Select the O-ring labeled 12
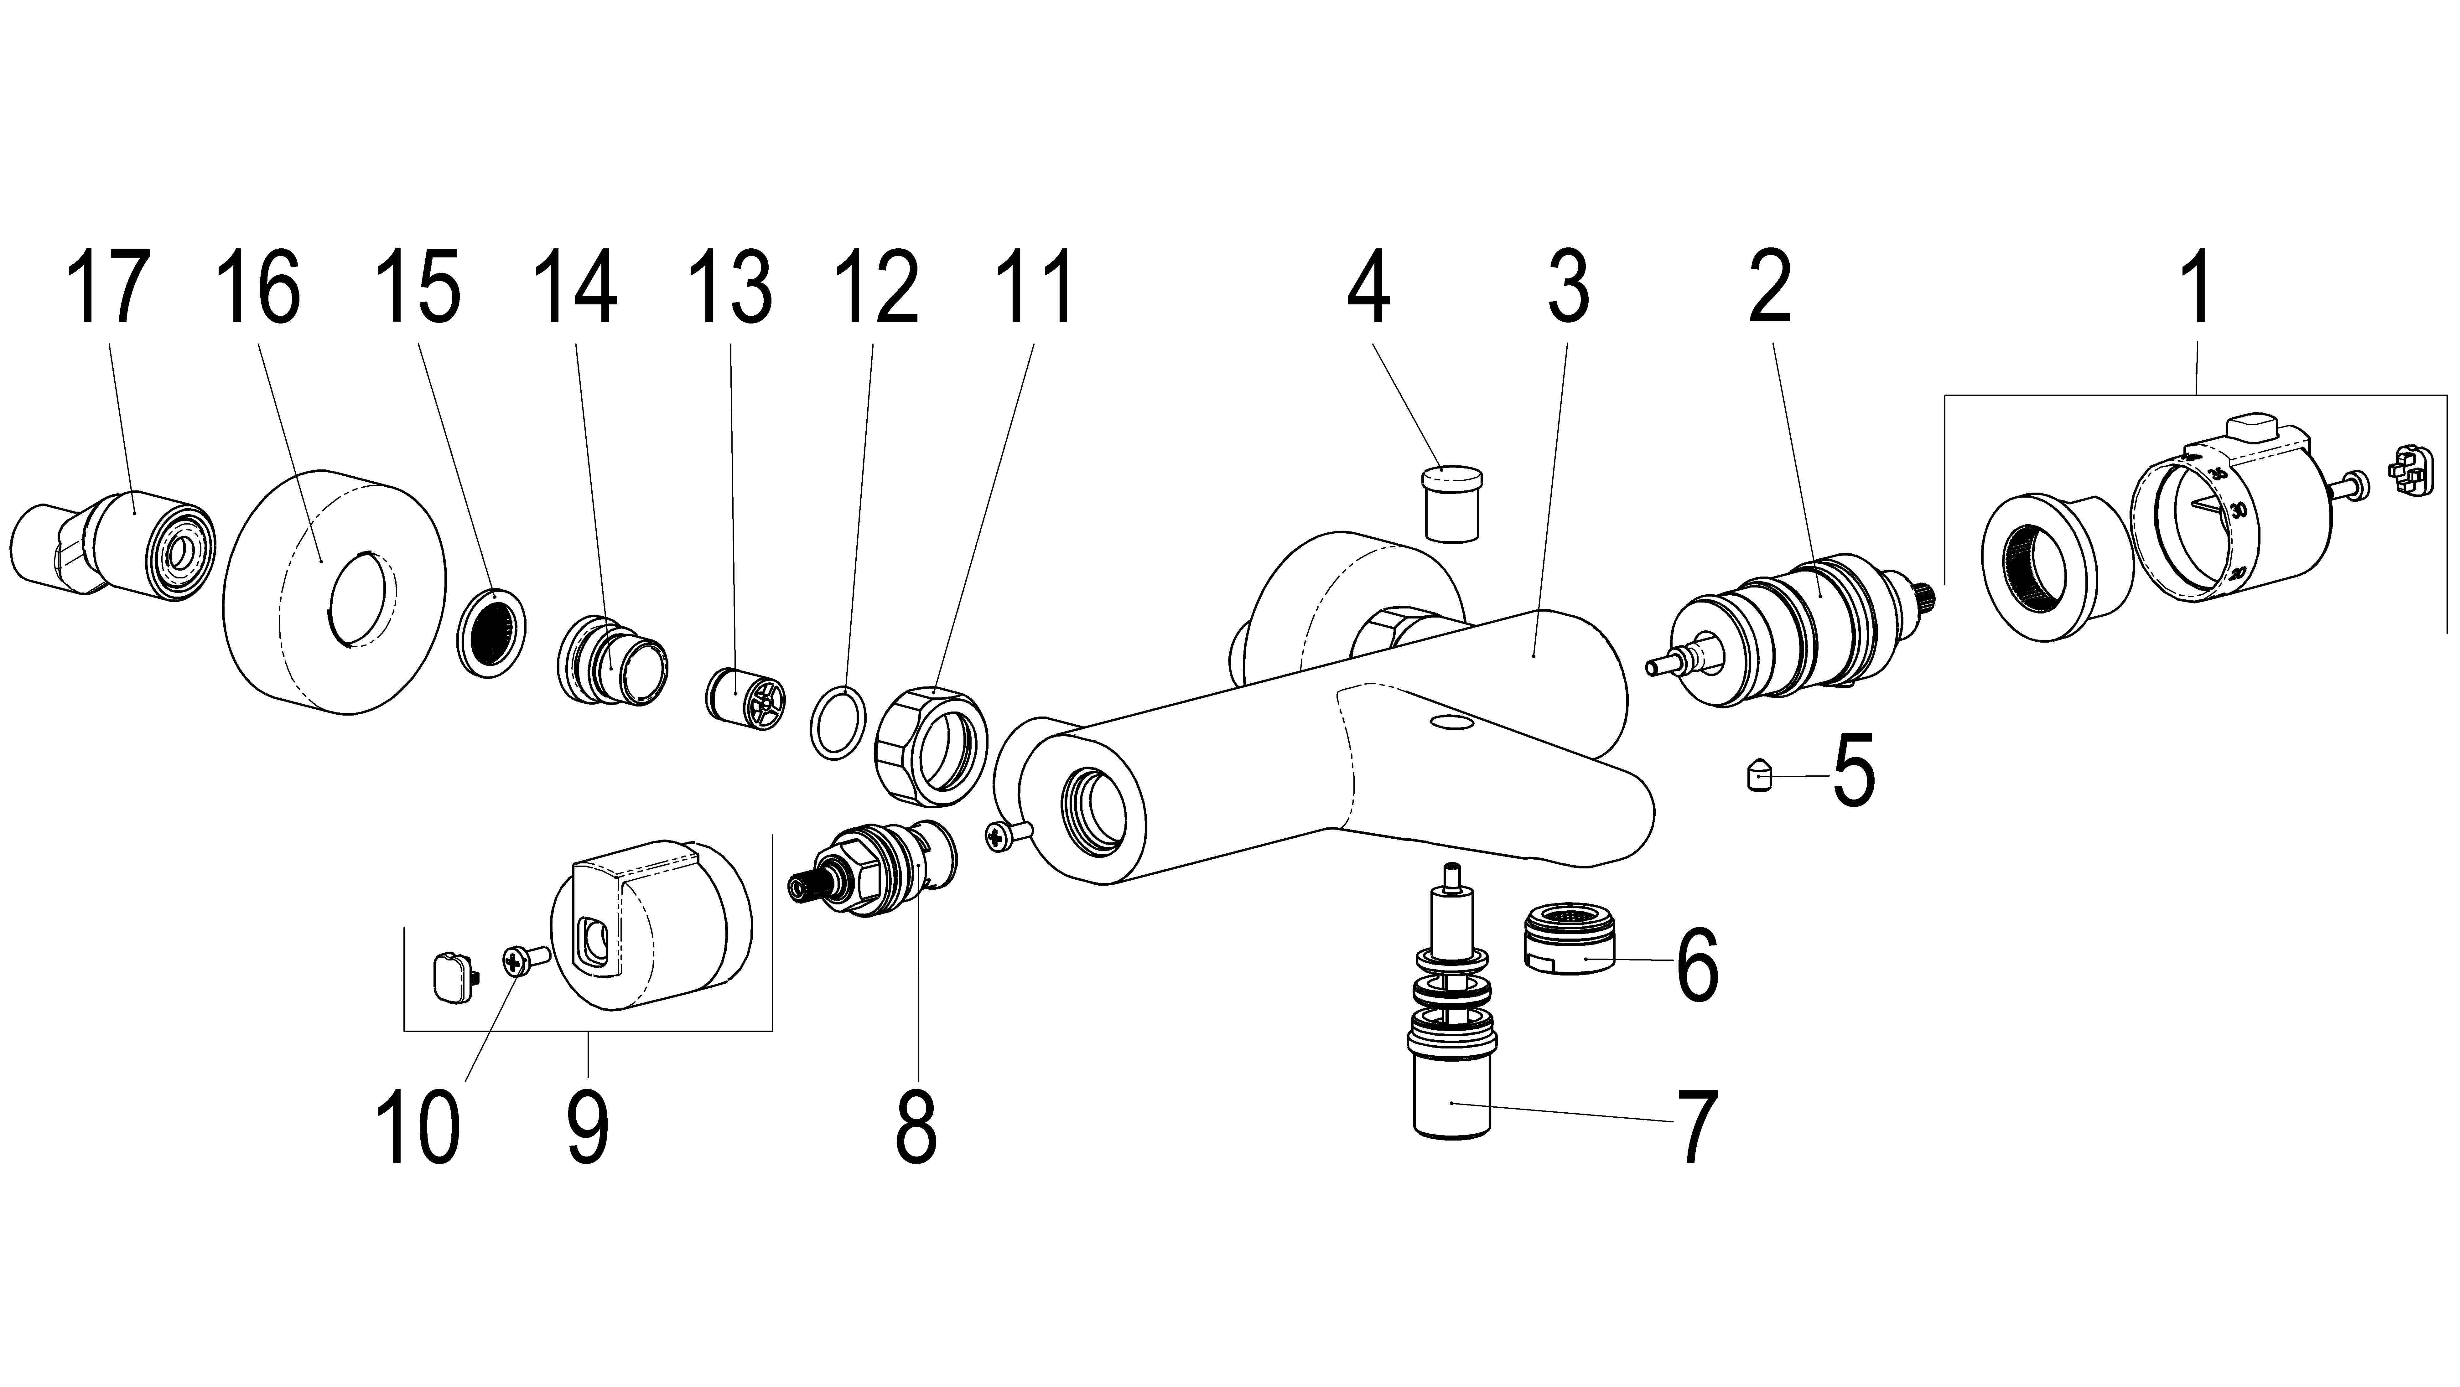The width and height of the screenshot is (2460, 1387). [838, 722]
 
